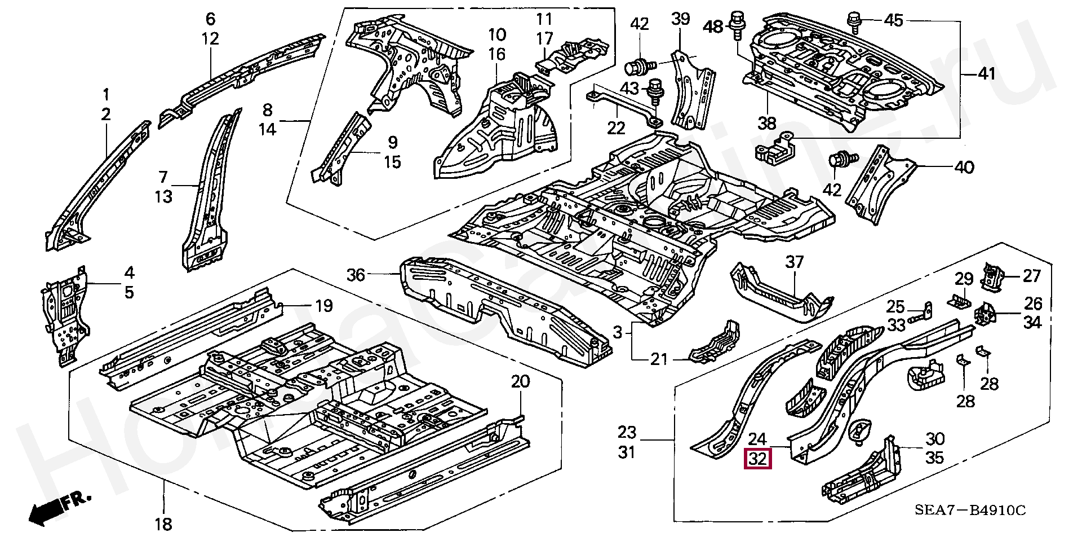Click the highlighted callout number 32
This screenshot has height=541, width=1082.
point(759,459)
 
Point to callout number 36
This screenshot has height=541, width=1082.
point(356,275)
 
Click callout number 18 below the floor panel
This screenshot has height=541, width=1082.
point(163,524)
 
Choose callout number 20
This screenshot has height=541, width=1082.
point(520,382)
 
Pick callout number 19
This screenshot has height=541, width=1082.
point(323,306)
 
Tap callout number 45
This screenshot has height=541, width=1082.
point(894,21)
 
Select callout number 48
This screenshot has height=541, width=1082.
point(713,26)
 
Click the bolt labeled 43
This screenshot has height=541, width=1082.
point(656,91)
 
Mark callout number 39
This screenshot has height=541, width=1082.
point(680,19)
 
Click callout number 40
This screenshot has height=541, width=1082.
point(964,167)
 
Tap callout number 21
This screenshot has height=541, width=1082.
point(659,359)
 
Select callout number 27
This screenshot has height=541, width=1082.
point(1032,276)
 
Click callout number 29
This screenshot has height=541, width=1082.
point(964,279)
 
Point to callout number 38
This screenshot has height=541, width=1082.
point(767,123)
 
